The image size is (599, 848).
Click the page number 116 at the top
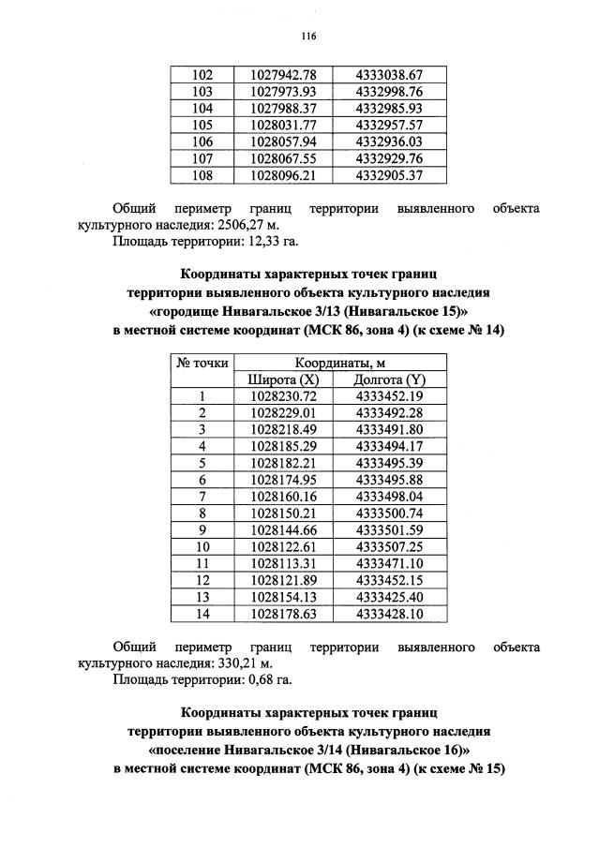(x=307, y=37)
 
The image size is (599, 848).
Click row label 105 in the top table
(x=202, y=124)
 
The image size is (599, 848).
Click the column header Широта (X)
(x=283, y=379)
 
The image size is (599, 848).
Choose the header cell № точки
(x=202, y=364)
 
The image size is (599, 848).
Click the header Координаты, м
(x=337, y=364)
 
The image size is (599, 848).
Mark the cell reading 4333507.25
(x=390, y=546)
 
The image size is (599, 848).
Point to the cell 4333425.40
(x=390, y=597)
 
